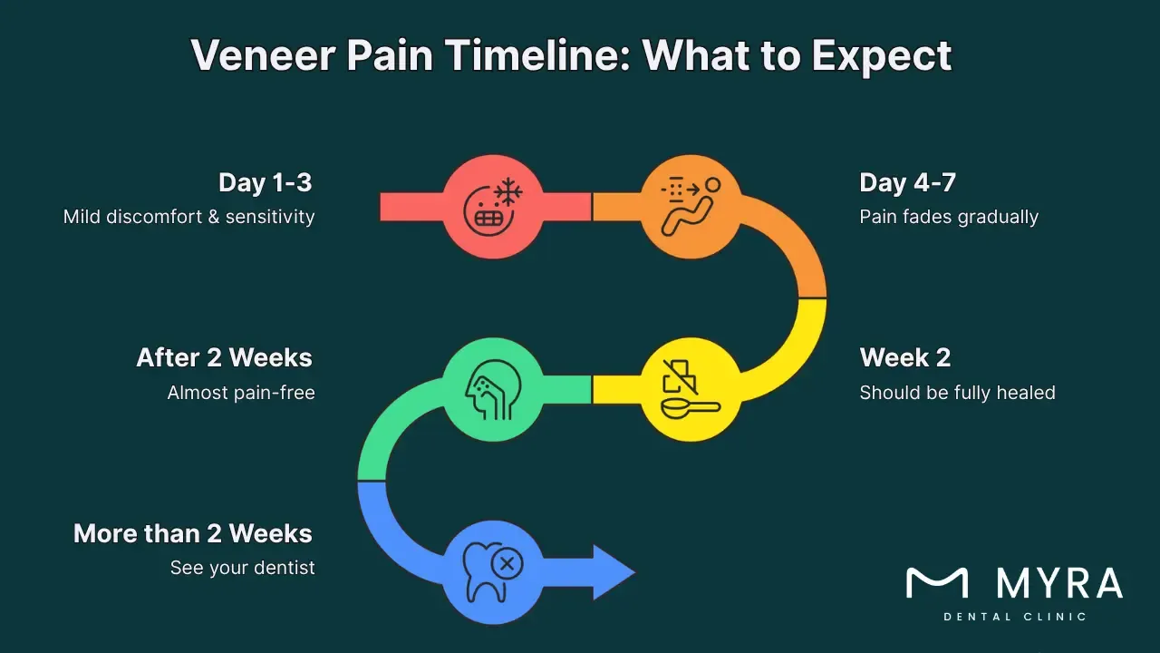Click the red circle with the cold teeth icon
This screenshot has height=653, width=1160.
(492, 207)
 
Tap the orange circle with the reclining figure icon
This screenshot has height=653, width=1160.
(691, 207)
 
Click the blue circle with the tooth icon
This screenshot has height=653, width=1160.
(492, 572)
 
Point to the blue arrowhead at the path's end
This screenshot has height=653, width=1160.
(614, 572)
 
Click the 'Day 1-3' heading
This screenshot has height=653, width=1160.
(265, 182)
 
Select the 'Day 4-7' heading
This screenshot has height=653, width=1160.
(907, 182)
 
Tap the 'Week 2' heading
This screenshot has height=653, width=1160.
(904, 357)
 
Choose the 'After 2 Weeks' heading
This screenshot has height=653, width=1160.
(224, 357)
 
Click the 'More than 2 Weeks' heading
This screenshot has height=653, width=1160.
(192, 533)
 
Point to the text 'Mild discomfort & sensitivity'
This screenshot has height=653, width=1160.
(188, 217)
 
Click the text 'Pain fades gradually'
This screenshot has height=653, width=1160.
(948, 217)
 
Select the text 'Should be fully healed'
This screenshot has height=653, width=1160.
(957, 393)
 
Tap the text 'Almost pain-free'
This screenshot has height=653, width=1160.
(241, 393)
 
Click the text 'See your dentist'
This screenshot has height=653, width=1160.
(242, 568)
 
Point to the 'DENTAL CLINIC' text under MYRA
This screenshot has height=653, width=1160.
(1014, 617)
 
